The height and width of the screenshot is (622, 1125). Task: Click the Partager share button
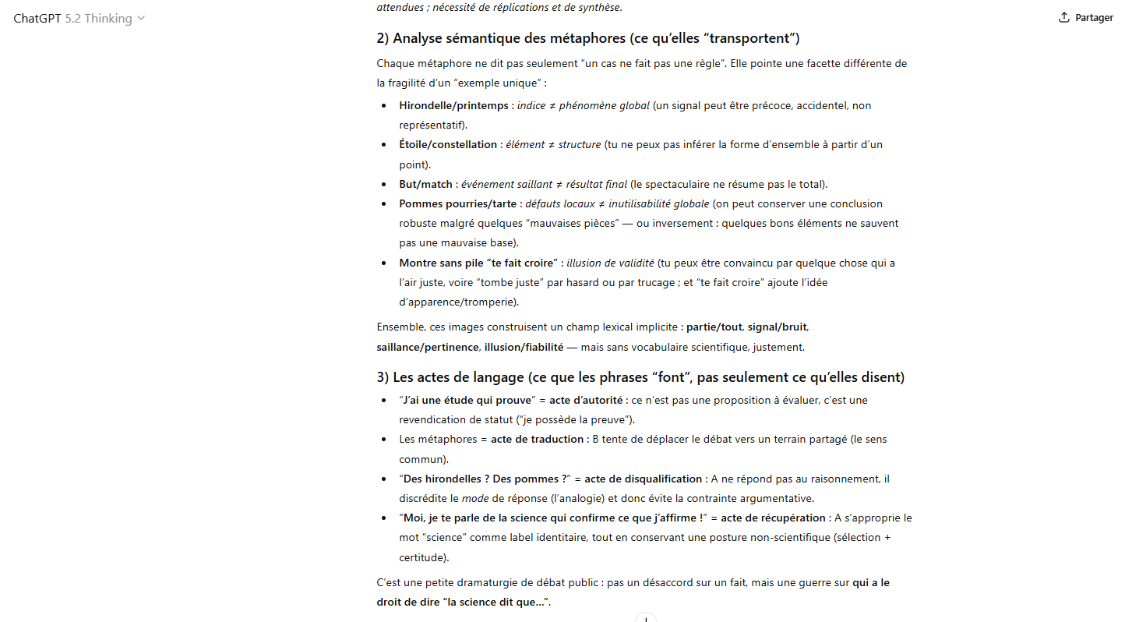coord(1086,18)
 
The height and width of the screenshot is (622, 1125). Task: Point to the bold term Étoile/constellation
coord(448,144)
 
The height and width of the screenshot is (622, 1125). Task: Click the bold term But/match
coord(425,184)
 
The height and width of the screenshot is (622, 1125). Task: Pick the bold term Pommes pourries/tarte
coord(457,203)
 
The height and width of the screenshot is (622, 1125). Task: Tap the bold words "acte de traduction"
coord(537,439)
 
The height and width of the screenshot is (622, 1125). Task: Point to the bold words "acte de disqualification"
coord(643,479)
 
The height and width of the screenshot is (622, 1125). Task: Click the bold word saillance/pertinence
coord(428,347)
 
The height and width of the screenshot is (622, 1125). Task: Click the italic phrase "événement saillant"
coord(506,184)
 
